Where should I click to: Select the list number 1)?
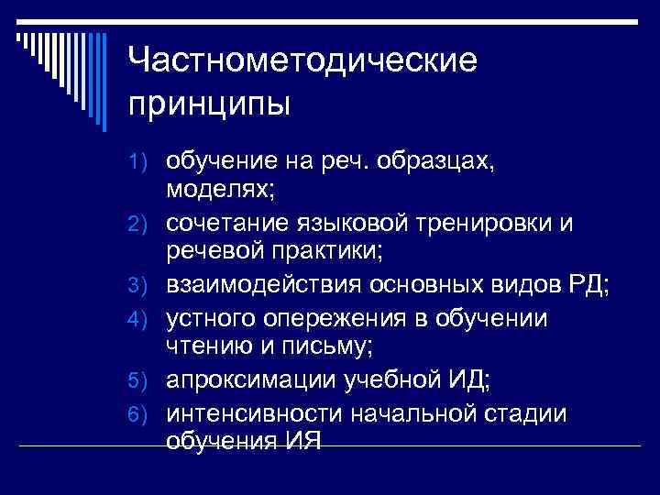pos(146,163)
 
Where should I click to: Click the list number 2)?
pos(146,223)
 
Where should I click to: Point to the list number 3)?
pos(146,284)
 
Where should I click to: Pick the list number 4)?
pos(146,318)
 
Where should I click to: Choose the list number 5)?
pos(146,379)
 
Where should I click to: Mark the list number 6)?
pos(146,414)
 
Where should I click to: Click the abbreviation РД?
pos(583,284)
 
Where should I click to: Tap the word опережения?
pos(339,318)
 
